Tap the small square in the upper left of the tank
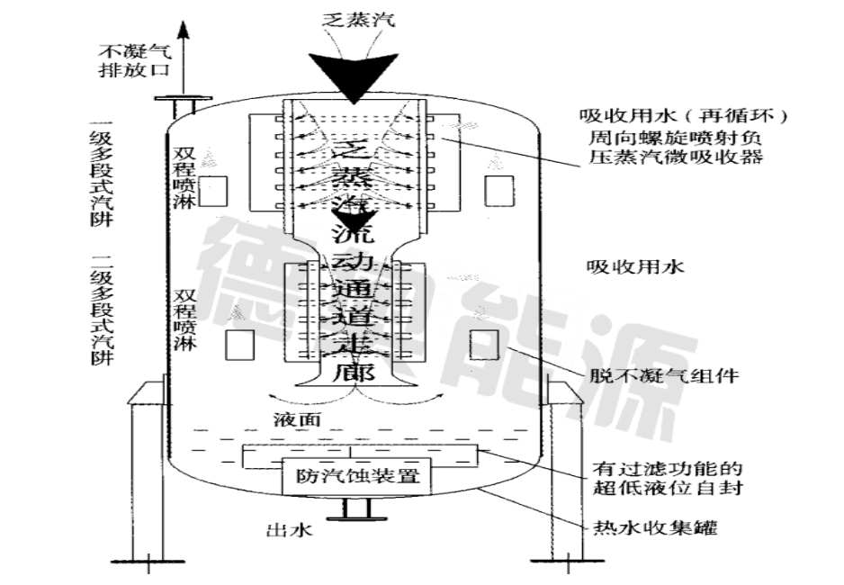click(212, 190)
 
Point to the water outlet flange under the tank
click(355, 517)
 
